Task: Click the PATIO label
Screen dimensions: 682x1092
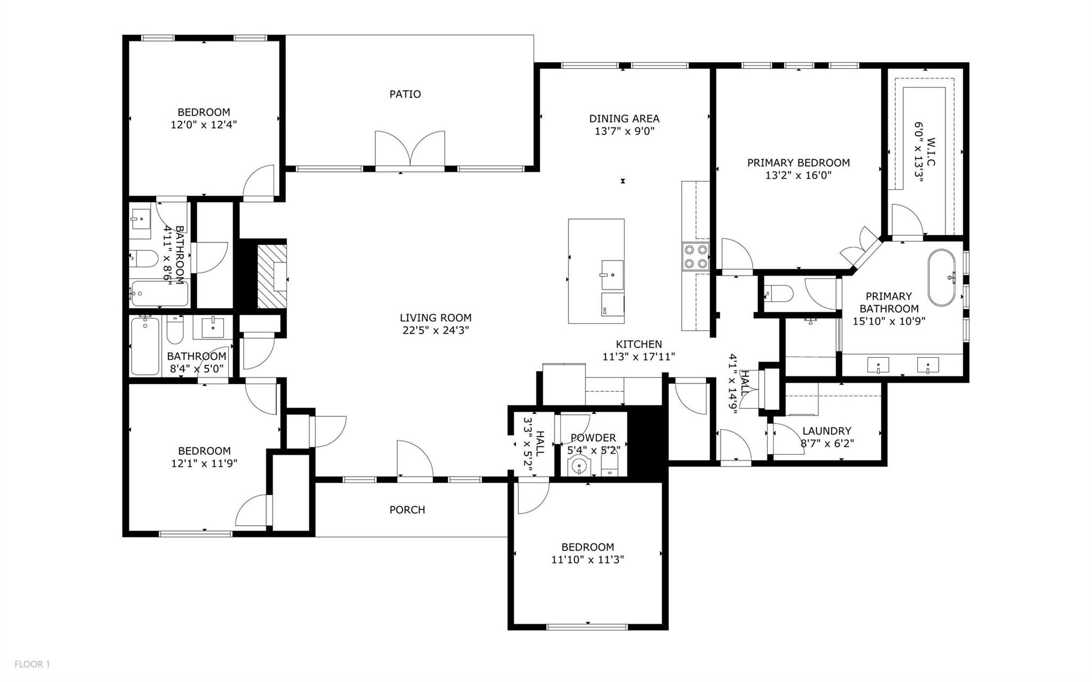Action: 405,94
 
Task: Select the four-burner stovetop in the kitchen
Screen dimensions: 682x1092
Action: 695,256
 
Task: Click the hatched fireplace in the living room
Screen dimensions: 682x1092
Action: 272,276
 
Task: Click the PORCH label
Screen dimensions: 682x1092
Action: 407,510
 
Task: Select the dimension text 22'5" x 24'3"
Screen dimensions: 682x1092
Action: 436,331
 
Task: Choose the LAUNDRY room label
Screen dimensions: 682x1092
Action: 826,431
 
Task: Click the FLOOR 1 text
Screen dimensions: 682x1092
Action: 32,664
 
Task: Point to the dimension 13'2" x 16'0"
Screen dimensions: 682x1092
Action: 798,175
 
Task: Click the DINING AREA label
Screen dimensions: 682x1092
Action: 624,119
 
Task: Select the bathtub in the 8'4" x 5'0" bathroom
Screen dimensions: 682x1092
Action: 145,345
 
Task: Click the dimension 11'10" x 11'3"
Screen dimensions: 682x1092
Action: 587,560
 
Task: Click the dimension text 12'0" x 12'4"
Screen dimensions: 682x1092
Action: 204,125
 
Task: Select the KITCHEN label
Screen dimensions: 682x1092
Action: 639,344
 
